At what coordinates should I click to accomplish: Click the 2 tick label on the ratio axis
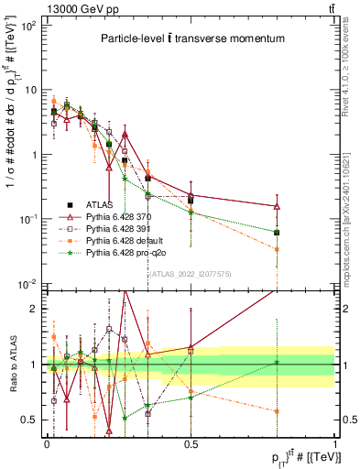pos(32,309)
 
